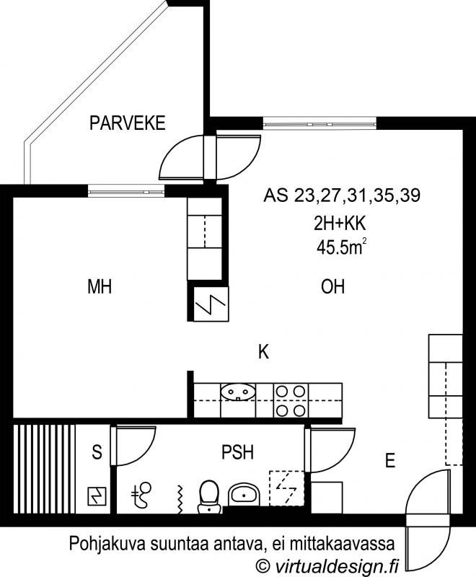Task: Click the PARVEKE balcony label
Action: pyautogui.click(x=127, y=123)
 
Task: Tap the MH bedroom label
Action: pyautogui.click(x=100, y=286)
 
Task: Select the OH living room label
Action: pyautogui.click(x=333, y=286)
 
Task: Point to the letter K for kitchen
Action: pyautogui.click(x=263, y=351)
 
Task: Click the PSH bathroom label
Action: pyautogui.click(x=237, y=452)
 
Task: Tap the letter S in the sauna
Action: pyautogui.click(x=97, y=452)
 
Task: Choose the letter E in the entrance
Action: pyautogui.click(x=390, y=460)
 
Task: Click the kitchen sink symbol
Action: pyautogui.click(x=238, y=392)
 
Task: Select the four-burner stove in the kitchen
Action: pyautogui.click(x=291, y=400)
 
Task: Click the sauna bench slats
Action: pyautogui.click(x=45, y=470)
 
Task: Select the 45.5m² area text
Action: pyautogui.click(x=341, y=247)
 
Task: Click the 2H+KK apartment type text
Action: pyautogui.click(x=340, y=224)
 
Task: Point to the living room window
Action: pyautogui.click(x=320, y=123)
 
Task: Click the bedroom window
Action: pyautogui.click(x=126, y=190)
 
